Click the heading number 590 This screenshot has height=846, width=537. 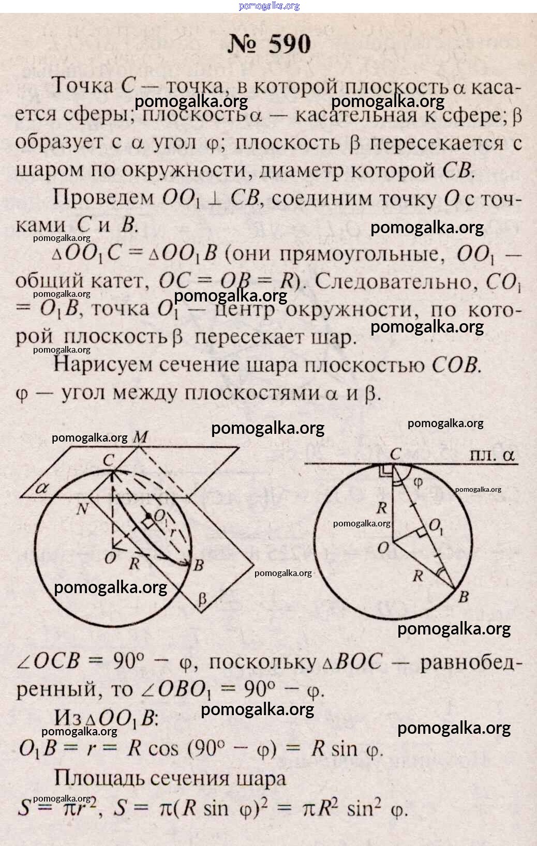click(290, 44)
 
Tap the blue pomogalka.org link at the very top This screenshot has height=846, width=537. click(269, 6)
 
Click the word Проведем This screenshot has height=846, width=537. click(103, 197)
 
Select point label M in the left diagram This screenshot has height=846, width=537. click(140, 437)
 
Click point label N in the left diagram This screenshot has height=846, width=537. click(82, 509)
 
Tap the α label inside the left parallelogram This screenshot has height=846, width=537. click(41, 488)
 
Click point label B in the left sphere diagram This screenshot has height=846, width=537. click(199, 565)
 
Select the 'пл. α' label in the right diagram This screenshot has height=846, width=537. click(492, 455)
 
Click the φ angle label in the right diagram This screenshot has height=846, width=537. click(418, 483)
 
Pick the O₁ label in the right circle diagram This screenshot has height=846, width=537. click(436, 526)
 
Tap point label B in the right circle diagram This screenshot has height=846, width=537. click(464, 597)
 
